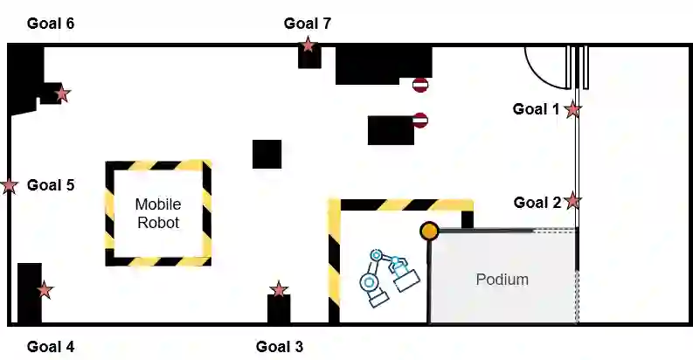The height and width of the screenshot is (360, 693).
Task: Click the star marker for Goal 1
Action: [572, 109]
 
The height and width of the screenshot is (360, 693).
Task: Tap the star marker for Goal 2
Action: [572, 201]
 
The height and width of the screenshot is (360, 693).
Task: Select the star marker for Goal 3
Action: [279, 289]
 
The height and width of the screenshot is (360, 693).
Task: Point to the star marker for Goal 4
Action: [45, 289]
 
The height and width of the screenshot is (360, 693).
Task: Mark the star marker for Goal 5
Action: [10, 185]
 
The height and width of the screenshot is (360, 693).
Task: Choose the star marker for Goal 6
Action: [62, 93]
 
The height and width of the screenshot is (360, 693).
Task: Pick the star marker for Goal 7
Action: [308, 45]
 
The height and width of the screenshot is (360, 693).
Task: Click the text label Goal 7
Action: [307, 23]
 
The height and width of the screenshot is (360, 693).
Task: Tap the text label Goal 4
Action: [50, 346]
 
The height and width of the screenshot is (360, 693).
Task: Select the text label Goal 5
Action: [50, 184]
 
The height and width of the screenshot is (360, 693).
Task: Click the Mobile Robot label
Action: [157, 213]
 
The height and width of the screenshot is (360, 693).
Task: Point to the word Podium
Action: [502, 280]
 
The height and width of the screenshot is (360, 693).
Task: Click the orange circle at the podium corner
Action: [429, 231]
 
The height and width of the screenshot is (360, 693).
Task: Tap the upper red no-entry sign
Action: [420, 85]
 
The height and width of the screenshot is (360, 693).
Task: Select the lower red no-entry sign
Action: [420, 120]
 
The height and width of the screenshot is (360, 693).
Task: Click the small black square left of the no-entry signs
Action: [267, 154]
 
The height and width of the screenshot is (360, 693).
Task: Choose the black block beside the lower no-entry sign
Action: [390, 129]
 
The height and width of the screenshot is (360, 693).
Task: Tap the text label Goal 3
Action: [279, 346]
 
